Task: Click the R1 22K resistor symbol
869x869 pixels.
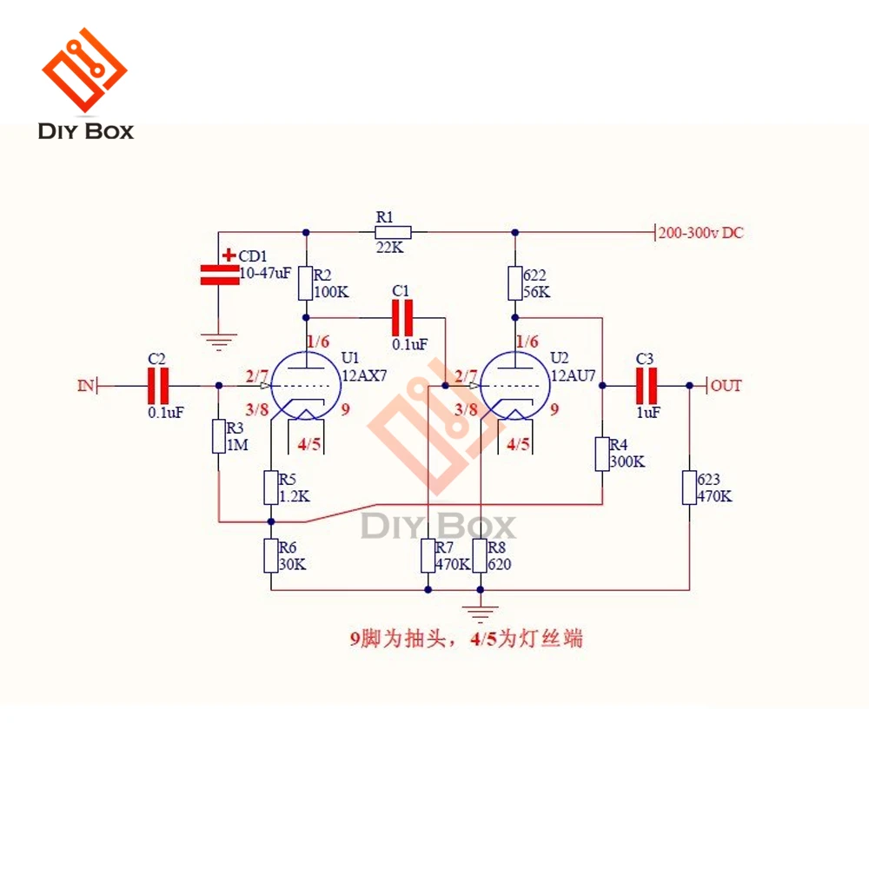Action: click(x=393, y=232)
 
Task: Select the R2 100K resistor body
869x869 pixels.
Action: click(x=305, y=283)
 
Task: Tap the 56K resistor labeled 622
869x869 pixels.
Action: click(x=514, y=283)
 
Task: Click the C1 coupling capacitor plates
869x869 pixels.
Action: click(x=402, y=317)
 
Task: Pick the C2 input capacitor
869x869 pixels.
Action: click(x=158, y=386)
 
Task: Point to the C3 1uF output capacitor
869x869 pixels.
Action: click(x=647, y=386)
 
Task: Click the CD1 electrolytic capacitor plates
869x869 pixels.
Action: click(x=220, y=275)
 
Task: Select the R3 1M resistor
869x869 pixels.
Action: click(x=219, y=436)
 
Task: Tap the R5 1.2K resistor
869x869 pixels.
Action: click(x=270, y=488)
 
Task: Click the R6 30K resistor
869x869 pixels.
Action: click(x=270, y=555)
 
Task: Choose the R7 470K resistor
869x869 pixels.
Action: click(x=428, y=555)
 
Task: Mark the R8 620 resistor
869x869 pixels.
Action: click(x=480, y=555)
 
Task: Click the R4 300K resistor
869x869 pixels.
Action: click(x=602, y=454)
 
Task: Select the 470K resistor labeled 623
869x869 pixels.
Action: click(x=689, y=488)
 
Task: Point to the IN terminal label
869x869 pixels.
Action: click(x=86, y=385)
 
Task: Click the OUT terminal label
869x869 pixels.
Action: click(x=726, y=385)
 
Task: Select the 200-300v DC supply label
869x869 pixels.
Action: click(x=700, y=233)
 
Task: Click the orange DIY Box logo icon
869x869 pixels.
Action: click(x=85, y=70)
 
